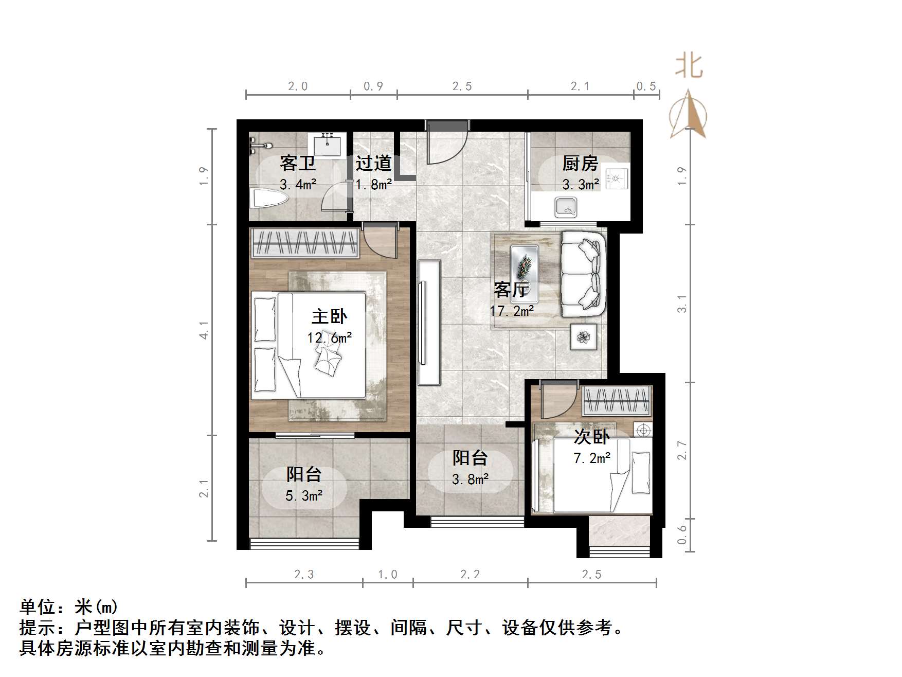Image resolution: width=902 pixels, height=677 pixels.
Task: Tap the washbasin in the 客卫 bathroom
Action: pyautogui.click(x=327, y=145)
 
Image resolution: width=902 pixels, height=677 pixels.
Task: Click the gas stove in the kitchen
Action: pyautogui.click(x=616, y=178)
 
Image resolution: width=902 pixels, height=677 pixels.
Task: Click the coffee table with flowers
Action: pyautogui.click(x=524, y=273)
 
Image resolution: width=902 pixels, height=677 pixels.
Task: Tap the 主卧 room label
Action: pyautogui.click(x=329, y=316)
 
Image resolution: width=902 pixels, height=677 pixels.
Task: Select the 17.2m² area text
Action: pyautogui.click(x=511, y=311)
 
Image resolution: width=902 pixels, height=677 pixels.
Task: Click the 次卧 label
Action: pyautogui.click(x=592, y=437)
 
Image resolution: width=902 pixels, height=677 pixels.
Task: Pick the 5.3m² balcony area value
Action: pyautogui.click(x=304, y=495)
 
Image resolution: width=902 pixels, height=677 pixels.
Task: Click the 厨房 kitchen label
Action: pyautogui.click(x=580, y=164)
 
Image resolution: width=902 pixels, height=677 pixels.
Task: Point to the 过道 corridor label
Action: pyautogui.click(x=373, y=164)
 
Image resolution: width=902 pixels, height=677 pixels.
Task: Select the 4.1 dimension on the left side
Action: pyautogui.click(x=205, y=329)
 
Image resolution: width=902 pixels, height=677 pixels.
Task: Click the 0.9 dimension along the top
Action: pyautogui.click(x=373, y=86)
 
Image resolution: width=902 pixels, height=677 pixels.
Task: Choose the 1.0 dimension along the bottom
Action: pyautogui.click(x=388, y=574)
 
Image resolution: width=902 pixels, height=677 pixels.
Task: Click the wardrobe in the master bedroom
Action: pyautogui.click(x=304, y=243)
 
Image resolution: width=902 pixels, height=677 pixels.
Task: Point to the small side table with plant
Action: pyautogui.click(x=584, y=337)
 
